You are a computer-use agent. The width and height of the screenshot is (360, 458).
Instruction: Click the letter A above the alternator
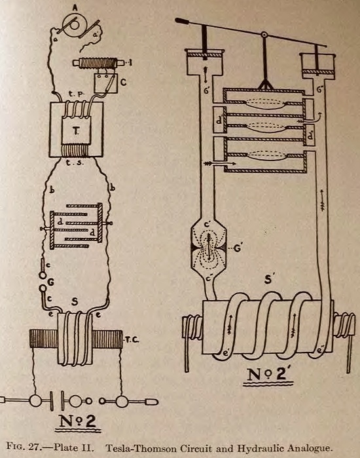[x=75, y=8]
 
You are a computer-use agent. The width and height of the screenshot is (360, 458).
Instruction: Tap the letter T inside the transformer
[x=75, y=132]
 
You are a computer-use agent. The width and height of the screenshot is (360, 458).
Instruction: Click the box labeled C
[x=106, y=83]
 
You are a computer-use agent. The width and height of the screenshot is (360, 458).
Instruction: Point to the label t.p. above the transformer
[x=77, y=94]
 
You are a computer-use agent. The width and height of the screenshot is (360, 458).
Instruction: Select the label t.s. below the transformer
[x=74, y=162]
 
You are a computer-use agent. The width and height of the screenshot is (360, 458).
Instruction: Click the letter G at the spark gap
[x=51, y=282]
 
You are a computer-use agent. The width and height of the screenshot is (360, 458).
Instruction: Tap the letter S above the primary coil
[x=75, y=301]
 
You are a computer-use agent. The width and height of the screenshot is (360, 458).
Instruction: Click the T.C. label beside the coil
[x=132, y=339]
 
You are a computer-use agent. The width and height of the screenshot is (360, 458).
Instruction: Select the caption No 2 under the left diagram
[x=78, y=420]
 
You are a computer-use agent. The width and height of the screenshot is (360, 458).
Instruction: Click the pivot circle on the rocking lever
[x=264, y=35]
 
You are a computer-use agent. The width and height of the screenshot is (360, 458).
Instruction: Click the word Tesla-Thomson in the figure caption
[x=139, y=448]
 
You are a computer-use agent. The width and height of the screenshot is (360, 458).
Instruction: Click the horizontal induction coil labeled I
[x=99, y=63]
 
